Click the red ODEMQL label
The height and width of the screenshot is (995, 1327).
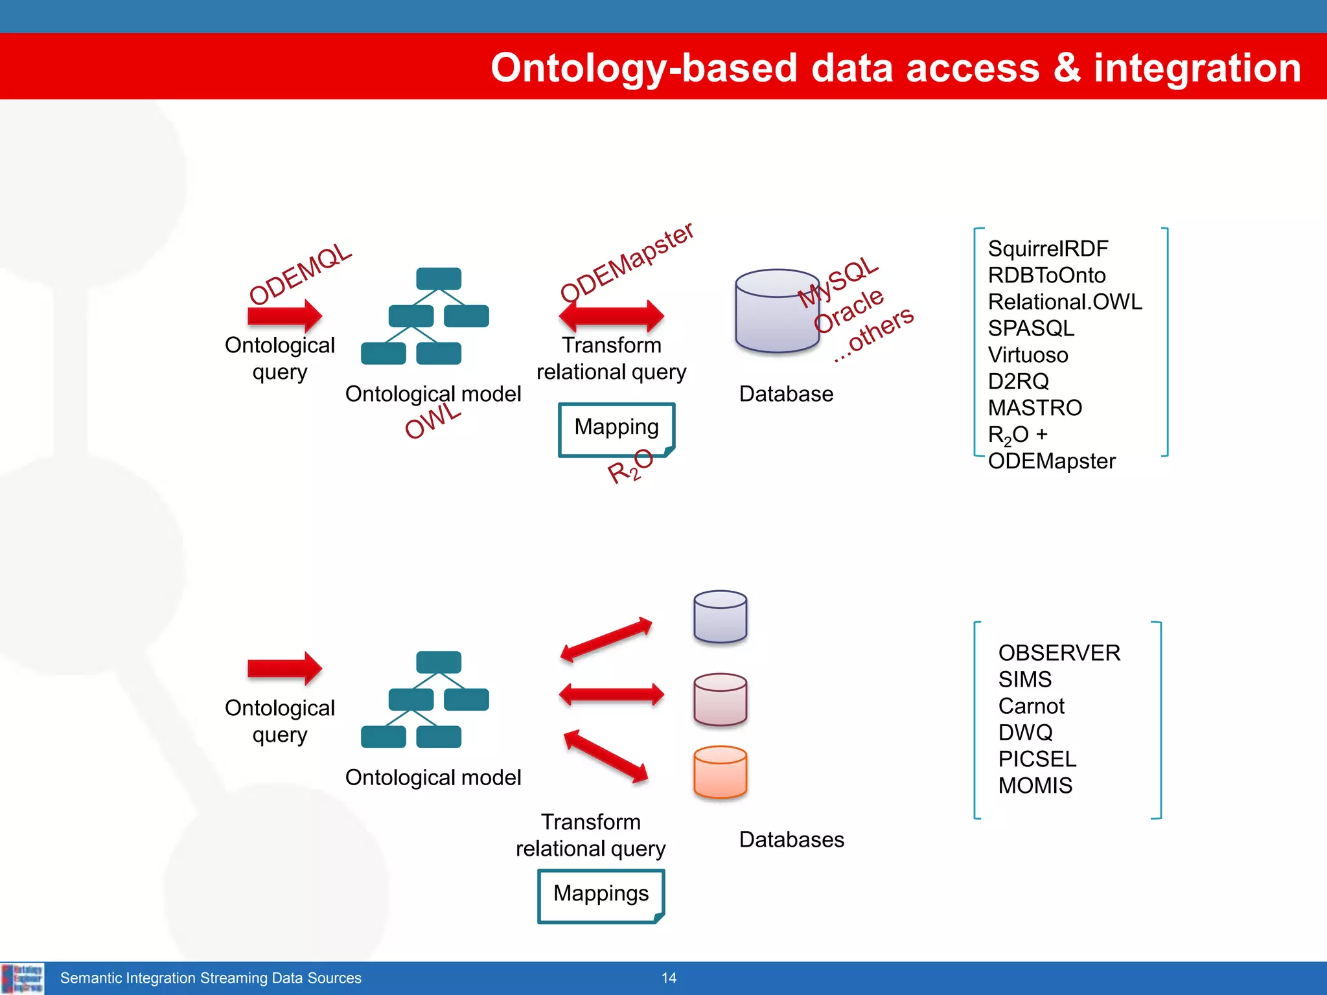(301, 273)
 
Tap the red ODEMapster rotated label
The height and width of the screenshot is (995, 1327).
(627, 262)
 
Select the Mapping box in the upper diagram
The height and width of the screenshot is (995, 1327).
(616, 428)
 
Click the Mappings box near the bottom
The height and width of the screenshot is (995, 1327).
(601, 894)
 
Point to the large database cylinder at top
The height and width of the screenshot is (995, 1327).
(777, 311)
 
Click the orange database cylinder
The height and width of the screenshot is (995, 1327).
(720, 772)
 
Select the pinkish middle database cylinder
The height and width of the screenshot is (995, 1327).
(720, 699)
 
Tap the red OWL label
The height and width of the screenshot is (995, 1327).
(433, 421)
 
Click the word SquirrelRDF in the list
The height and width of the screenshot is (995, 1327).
(1048, 249)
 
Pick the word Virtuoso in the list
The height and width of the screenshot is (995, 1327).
(1028, 355)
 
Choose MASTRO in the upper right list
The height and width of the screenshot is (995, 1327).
(1035, 408)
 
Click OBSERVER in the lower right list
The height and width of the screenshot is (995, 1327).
(1059, 653)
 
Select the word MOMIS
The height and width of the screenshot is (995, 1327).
(1035, 786)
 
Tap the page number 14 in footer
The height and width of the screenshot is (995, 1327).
(669, 978)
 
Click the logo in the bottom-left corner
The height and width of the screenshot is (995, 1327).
(22, 978)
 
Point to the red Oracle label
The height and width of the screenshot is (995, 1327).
(848, 310)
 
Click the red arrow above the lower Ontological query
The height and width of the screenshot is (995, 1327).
(284, 668)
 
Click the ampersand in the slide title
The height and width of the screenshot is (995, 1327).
(1067, 67)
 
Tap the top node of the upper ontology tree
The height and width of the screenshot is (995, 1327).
(439, 279)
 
